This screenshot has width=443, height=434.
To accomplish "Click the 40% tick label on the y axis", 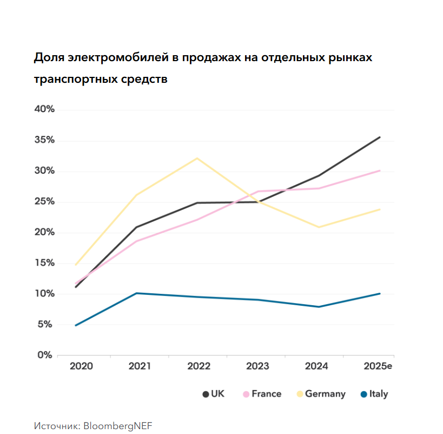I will pyautogui.click(x=44, y=109).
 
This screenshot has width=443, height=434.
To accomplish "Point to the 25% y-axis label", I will pyautogui.click(x=44, y=202).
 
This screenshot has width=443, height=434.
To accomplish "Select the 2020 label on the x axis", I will pyautogui.click(x=81, y=366).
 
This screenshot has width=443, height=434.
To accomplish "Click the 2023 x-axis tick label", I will pyautogui.click(x=257, y=366).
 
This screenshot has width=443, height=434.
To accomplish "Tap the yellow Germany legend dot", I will pyautogui.click(x=299, y=394).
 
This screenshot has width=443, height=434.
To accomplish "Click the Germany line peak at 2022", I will pyautogui.click(x=197, y=158).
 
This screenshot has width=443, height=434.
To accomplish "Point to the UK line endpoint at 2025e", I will pyautogui.click(x=380, y=137).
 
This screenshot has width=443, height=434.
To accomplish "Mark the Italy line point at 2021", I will pyautogui.click(x=136, y=293).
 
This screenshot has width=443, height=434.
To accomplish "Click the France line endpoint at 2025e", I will pyautogui.click(x=380, y=170).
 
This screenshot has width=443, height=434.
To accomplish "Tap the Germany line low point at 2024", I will pyautogui.click(x=319, y=227).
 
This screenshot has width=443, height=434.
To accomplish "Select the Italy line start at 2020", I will pyautogui.click(x=76, y=325).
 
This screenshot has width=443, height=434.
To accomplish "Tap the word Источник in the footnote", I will pyautogui.click(x=56, y=426).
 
